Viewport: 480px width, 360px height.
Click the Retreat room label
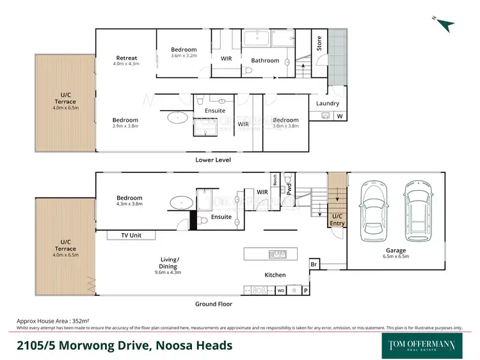[126, 58]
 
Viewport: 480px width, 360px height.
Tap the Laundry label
[328, 103]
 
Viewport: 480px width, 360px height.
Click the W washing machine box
[339, 116]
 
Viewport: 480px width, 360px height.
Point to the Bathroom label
[265, 61]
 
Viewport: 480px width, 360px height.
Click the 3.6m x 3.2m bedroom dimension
[184, 56]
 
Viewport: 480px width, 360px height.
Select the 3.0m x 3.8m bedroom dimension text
[285, 127]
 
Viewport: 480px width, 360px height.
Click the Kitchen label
[276, 275]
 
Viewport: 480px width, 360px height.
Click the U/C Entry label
[337, 220]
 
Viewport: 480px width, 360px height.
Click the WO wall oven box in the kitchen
[280, 290]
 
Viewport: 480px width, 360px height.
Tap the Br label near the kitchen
[314, 264]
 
